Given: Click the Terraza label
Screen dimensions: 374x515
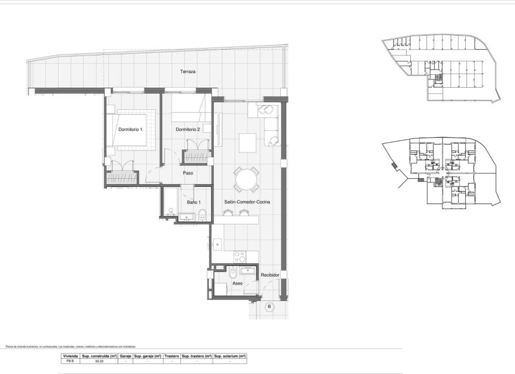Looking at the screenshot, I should coord(187,72).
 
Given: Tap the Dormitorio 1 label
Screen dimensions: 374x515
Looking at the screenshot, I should coord(130,129).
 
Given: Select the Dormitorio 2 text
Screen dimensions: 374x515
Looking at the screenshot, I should coord(188,129).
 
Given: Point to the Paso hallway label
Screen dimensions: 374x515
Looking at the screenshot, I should coord(188,173).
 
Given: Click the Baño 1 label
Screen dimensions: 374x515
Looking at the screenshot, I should coord(194,202).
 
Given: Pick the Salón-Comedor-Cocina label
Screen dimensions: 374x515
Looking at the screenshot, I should coord(246,202).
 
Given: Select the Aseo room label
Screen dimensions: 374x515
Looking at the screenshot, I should coord(237,283).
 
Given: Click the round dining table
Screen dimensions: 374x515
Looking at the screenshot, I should coord(246,179).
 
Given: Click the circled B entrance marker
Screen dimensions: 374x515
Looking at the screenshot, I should coord(269,306).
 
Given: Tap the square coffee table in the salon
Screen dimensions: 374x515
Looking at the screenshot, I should coord(247,141).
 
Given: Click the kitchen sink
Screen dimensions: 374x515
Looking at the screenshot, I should coord(216,241).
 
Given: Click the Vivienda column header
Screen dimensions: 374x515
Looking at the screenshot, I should coord(70,355).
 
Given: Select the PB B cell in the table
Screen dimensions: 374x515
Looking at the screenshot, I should coord(70,361).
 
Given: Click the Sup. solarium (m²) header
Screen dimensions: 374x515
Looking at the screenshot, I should coord(229,355).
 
